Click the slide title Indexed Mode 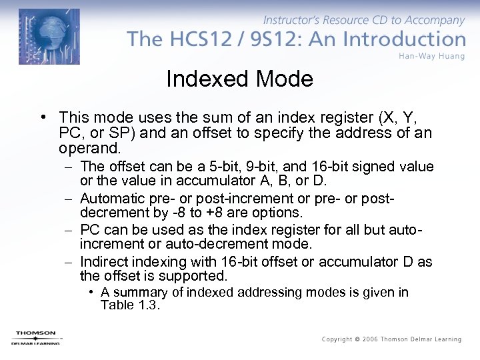tap(239, 79)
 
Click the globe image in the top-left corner tap(49, 37)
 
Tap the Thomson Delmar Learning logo tap(35, 337)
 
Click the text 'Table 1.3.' tap(131, 305)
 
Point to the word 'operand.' tap(90, 147)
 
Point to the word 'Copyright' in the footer tap(337, 339)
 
